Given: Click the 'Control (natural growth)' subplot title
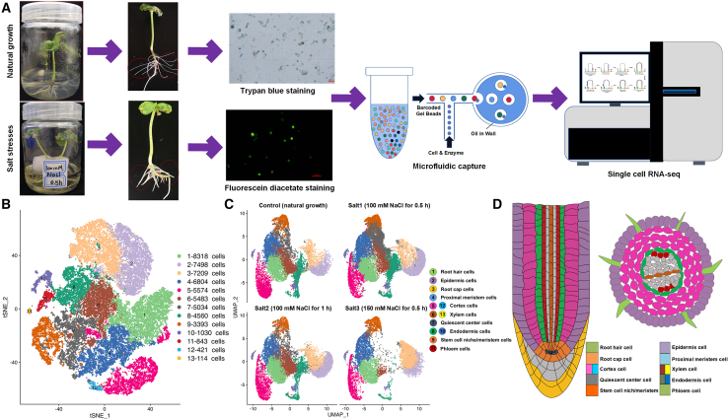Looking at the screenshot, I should [x=282, y=207].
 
